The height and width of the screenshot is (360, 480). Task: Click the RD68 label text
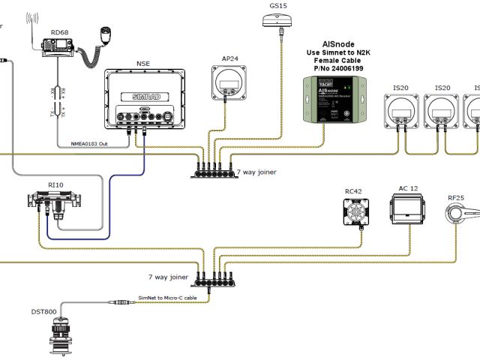[59, 32]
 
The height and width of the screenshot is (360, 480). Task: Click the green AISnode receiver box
[333, 100]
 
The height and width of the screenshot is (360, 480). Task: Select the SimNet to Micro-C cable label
[169, 297]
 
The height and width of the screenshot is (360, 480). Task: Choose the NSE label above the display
[142, 64]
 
